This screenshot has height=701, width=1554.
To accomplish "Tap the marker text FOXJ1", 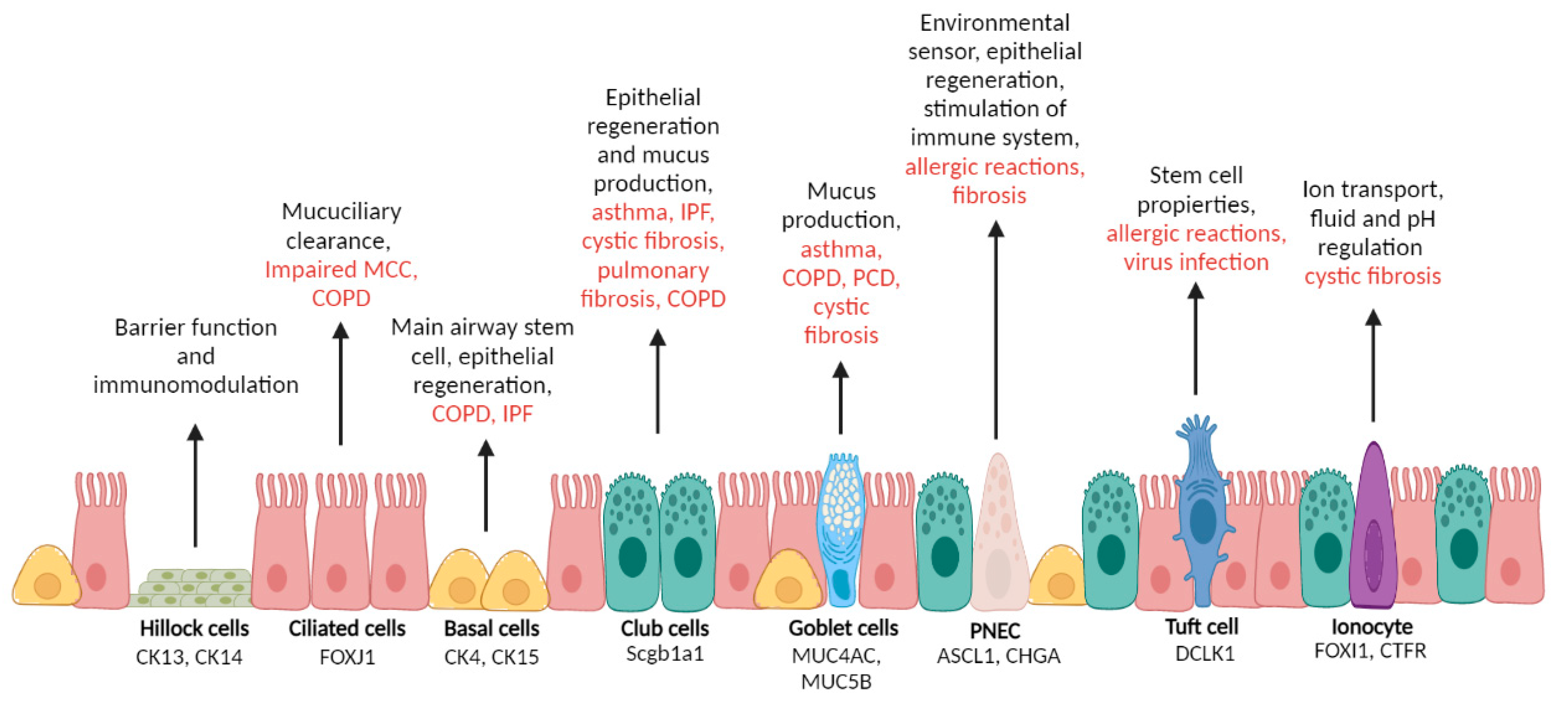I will click(347, 657).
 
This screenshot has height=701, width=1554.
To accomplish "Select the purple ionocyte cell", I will click(1373, 531).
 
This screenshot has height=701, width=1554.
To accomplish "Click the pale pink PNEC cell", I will click(999, 537).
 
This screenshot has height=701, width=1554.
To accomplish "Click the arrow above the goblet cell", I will click(840, 398).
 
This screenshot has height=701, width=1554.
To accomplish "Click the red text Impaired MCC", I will click(341, 270).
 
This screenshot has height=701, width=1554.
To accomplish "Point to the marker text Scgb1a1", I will click(664, 654).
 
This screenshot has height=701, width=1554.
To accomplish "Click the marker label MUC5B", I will click(836, 682).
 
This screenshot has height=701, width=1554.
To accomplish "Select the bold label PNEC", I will click(995, 630).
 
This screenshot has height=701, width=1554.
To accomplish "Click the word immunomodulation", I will click(196, 385).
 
